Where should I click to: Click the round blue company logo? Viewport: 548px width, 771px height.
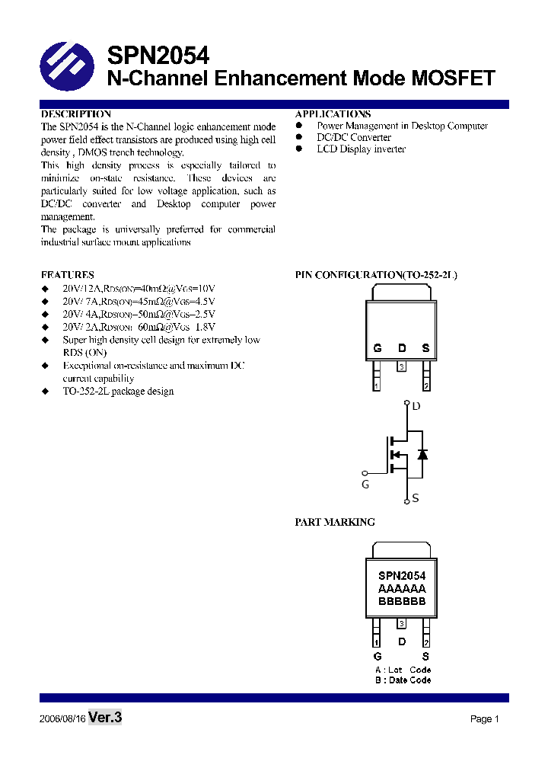(66, 66)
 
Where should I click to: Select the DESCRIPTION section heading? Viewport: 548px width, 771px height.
(76, 114)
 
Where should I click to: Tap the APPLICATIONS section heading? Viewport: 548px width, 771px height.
(333, 114)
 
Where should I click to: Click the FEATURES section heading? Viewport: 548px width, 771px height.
(68, 274)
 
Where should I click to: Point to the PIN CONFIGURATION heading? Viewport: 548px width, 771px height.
(376, 274)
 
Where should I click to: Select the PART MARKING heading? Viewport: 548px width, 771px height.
(335, 522)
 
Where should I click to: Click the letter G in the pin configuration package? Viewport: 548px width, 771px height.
(377, 348)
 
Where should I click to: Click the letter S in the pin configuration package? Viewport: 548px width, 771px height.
(425, 348)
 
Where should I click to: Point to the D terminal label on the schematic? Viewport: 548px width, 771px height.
(416, 407)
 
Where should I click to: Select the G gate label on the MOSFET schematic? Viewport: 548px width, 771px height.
(365, 484)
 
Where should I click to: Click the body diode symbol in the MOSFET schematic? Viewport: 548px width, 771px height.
(422, 454)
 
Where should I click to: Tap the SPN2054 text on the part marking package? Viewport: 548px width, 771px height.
(401, 576)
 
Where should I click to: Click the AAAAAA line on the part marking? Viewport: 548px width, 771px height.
(401, 588)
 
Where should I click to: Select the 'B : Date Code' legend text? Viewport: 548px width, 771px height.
(403, 680)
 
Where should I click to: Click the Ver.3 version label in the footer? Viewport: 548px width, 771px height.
(105, 718)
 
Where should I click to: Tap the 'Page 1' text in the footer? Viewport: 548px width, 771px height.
(484, 719)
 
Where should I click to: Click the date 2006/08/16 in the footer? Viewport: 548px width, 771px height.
(62, 719)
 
